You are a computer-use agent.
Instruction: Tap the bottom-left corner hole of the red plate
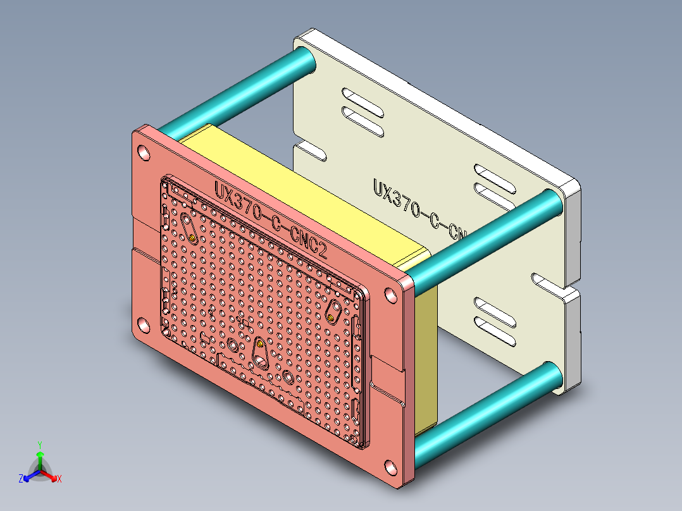coord(144,326)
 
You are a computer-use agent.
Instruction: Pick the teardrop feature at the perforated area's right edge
coord(333,311)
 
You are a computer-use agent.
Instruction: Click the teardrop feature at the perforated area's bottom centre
coord(260,352)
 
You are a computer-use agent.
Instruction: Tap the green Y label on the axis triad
coord(39,445)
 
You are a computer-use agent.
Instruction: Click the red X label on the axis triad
coord(59,479)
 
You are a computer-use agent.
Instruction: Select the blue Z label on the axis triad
coord(21,479)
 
